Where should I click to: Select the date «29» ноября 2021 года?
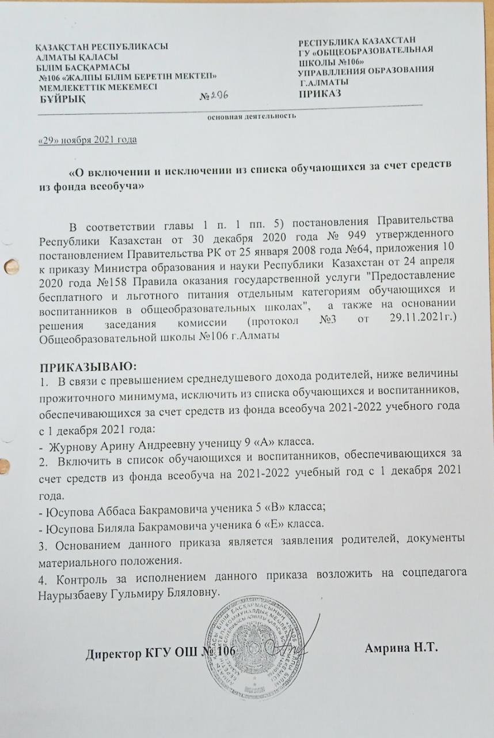pyautogui.click(x=87, y=140)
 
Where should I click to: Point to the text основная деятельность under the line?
pyautogui.click(x=252, y=116)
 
